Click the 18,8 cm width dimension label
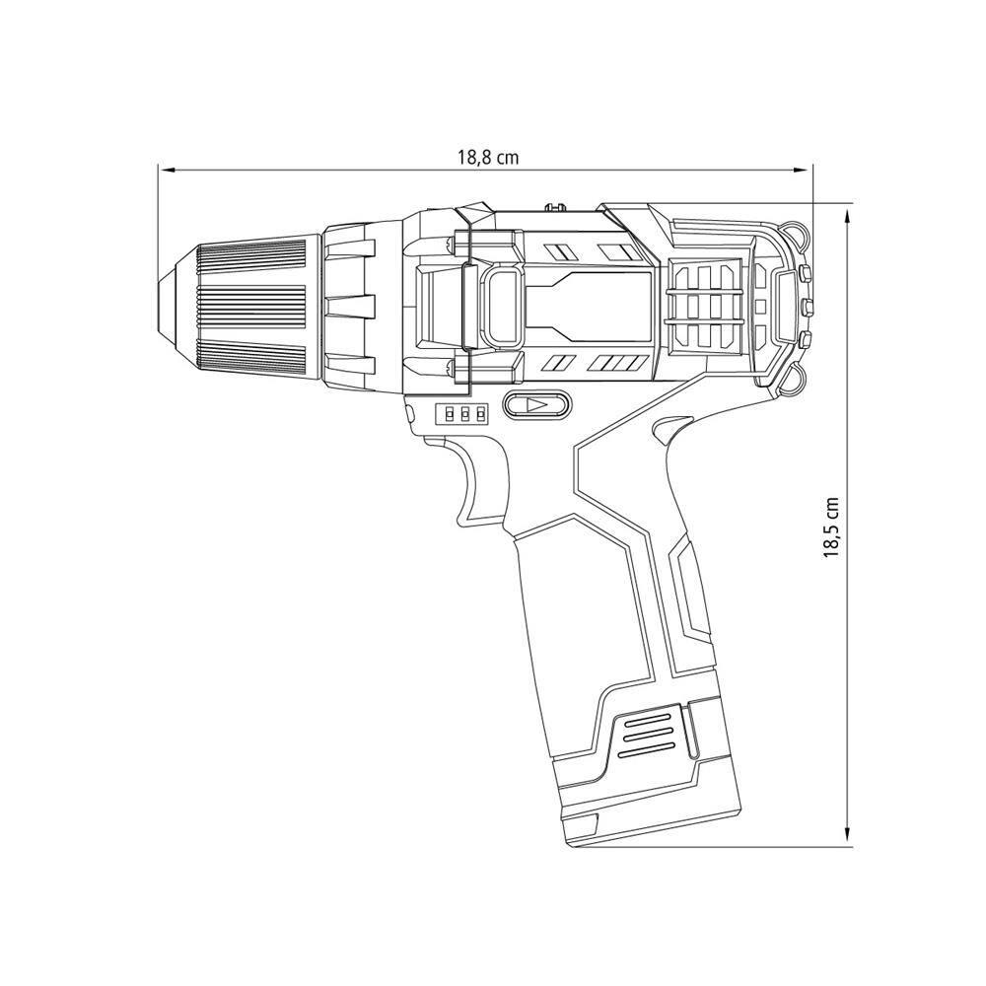tap(488, 157)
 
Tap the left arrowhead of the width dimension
tap(166, 170)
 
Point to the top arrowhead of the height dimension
tap(848, 218)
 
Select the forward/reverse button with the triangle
tap(536, 405)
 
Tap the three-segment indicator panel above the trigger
tap(462, 414)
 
